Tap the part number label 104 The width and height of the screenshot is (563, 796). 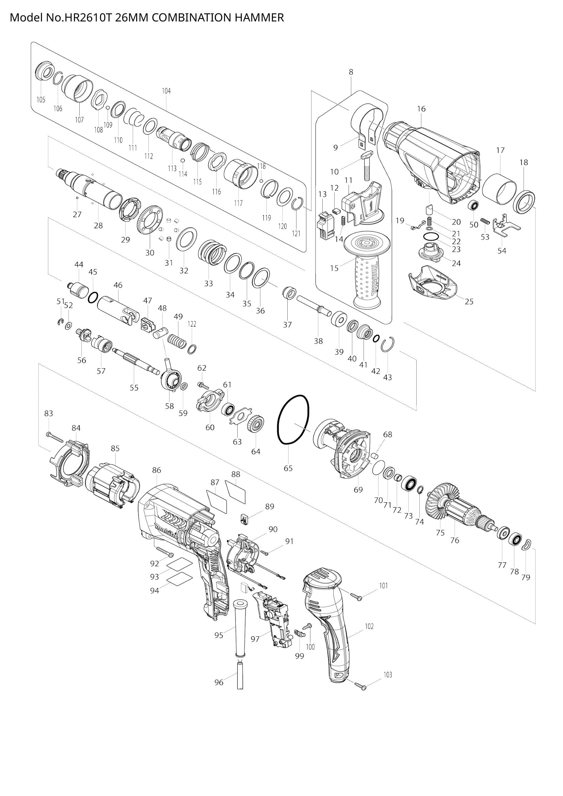tap(166, 91)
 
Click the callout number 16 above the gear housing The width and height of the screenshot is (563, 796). tap(421, 109)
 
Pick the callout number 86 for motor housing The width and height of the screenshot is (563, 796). tap(157, 470)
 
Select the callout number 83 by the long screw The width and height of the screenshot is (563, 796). tap(49, 413)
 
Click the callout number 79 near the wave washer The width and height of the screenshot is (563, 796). tap(526, 577)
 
